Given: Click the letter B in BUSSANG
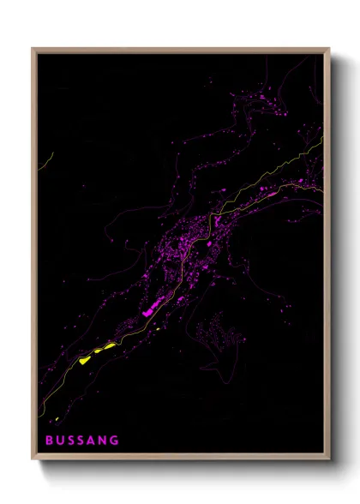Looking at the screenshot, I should click(49, 440).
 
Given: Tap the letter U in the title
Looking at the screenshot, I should click(61, 440).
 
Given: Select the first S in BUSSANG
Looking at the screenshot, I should click(73, 440).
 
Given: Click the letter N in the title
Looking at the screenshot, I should click(105, 440).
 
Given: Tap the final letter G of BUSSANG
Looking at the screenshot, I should click(117, 440).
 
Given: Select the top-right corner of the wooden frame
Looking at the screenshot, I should click(328, 49).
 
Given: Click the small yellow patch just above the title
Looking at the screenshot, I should click(57, 419).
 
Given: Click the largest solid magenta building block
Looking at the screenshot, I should click(152, 309).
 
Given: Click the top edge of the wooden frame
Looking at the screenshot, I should click(181, 49).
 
